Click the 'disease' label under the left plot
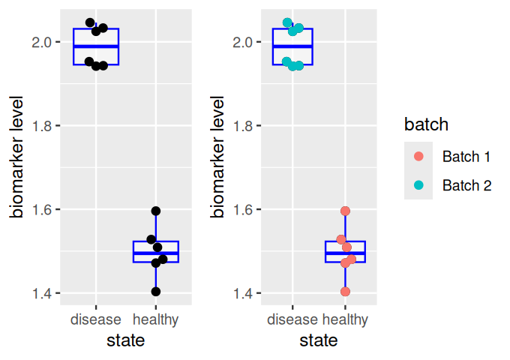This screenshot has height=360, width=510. pos(96,320)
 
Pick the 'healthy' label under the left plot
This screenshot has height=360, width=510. pos(156,320)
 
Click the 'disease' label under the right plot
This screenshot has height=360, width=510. pos(292,320)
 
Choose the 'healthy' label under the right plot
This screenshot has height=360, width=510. pos(346,320)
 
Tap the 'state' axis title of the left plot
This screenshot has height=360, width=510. pos(125,340)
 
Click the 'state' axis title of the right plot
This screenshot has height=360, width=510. pos(319,340)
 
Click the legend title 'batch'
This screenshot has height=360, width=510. pos(426,124)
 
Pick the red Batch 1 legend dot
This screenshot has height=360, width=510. pos(419,157)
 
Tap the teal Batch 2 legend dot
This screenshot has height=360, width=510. pos(419,185)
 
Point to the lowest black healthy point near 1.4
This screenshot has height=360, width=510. pos(155,292)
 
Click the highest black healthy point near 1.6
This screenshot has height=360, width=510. pos(156,211)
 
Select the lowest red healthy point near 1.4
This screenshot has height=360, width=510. pos(345,292)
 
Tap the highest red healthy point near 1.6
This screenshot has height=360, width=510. pos(346,211)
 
